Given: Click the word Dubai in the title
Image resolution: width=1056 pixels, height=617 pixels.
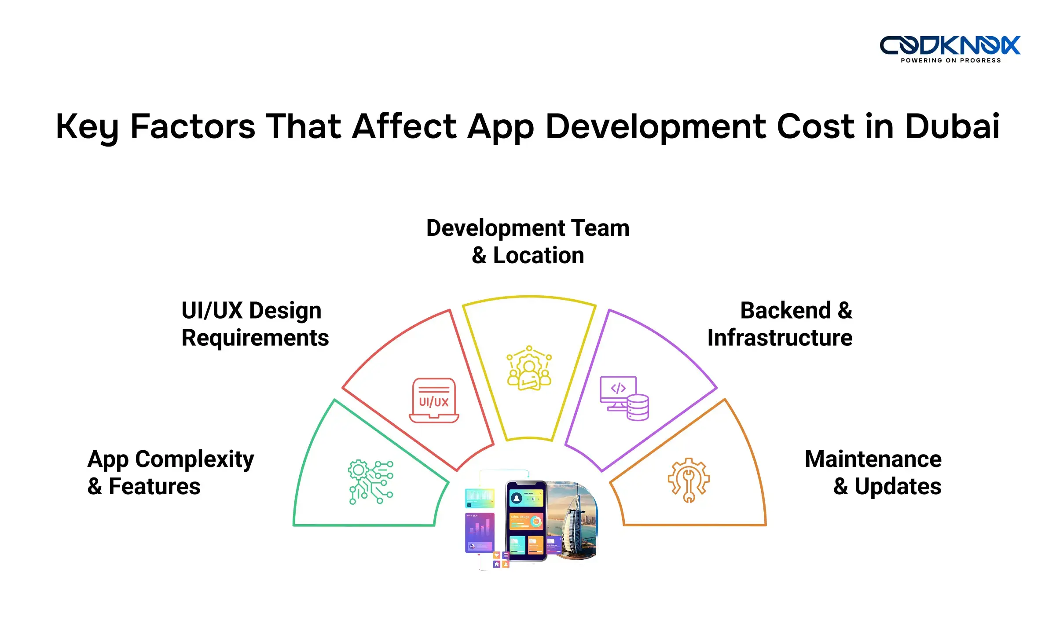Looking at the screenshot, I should [x=952, y=126].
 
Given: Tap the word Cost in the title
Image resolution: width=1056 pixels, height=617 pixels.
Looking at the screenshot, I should [x=815, y=126].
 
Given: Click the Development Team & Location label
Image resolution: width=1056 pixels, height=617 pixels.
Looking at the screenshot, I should [x=528, y=242].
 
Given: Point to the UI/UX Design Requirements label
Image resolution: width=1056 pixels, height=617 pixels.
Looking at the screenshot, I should [x=255, y=324].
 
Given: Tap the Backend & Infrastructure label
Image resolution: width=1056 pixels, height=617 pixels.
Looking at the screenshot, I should [x=780, y=324].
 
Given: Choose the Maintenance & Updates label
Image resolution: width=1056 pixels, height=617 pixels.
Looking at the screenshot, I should [x=873, y=472].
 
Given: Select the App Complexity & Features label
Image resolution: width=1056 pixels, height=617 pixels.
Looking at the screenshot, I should [x=170, y=472].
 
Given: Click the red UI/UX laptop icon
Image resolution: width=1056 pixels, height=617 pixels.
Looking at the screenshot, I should [x=434, y=400].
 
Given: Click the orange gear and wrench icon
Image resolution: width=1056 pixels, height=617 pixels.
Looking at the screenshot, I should [x=689, y=480].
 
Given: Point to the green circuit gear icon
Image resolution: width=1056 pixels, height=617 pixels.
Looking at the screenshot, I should [x=371, y=482].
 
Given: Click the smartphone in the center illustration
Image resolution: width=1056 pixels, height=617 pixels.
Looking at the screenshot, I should [x=526, y=521].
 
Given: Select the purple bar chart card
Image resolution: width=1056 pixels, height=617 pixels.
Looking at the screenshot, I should [x=480, y=532].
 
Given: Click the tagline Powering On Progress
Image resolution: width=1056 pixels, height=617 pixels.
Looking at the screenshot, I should [x=950, y=61].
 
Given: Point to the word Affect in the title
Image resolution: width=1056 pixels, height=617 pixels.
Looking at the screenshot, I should [x=405, y=126].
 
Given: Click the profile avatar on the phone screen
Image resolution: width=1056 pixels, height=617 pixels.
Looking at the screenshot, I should [x=517, y=498].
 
